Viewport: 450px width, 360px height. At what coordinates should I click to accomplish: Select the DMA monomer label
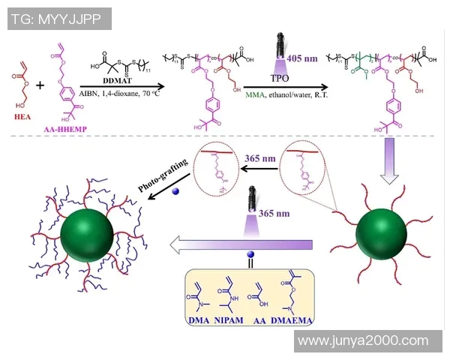click(199, 319)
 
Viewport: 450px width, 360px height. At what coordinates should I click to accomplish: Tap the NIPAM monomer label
click(229, 319)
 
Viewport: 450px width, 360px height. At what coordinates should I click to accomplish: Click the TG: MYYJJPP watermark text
click(58, 19)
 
